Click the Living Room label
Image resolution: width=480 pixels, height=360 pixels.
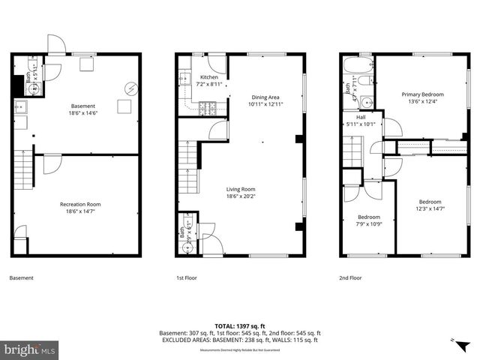point(241,193)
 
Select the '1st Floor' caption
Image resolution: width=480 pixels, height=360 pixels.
point(186,278)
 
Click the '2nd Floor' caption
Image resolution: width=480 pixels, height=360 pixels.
point(350,278)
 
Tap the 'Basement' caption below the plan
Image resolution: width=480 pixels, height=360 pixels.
point(21,278)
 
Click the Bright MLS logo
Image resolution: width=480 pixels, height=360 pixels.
point(30,349)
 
